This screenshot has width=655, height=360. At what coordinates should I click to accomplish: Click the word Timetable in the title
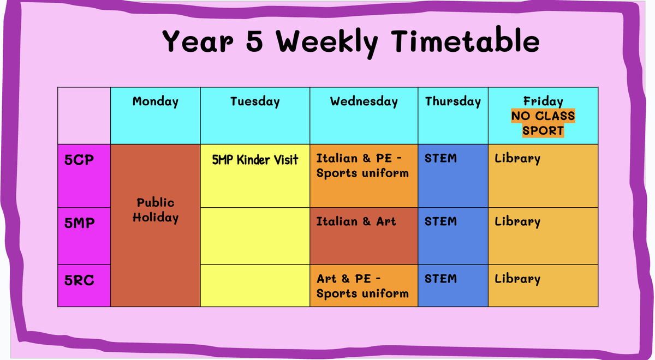466,41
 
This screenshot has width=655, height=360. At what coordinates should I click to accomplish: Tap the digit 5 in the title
254,41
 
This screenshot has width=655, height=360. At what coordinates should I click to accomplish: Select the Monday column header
155,101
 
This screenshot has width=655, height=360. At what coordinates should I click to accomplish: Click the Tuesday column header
255,101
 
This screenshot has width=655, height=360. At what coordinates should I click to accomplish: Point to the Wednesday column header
364,101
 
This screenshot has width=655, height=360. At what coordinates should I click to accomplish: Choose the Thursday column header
453,101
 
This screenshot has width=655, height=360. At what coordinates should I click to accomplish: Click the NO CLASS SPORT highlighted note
543,123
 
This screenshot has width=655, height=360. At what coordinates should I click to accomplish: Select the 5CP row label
79,160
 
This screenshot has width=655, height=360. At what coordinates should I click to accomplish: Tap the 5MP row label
80,223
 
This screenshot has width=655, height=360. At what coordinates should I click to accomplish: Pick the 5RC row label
79,280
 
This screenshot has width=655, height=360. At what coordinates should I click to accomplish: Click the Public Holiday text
155,210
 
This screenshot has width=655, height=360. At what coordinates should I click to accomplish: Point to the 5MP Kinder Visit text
255,160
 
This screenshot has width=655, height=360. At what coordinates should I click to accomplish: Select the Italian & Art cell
364,236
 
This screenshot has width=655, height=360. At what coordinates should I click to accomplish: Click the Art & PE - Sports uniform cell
364,286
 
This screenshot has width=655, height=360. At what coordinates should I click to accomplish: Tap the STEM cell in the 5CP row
453,176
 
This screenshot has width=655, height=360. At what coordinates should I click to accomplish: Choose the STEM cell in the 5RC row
453,286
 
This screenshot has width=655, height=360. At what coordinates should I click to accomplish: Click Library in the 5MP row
517,222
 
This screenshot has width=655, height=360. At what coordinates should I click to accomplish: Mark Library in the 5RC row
517,279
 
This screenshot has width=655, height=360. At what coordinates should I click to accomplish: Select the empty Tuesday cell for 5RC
255,286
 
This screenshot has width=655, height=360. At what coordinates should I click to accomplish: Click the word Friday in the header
543,101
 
